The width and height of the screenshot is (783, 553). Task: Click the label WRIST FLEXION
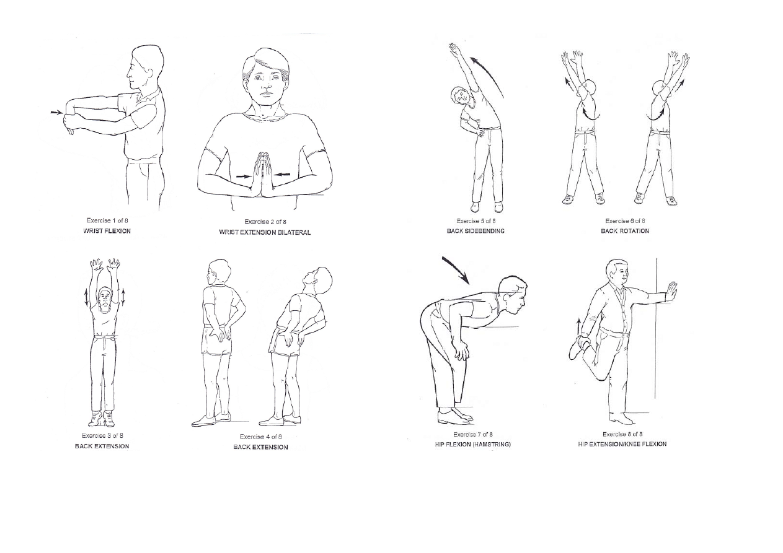point(107,231)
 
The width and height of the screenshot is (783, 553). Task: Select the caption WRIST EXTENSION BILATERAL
point(265,232)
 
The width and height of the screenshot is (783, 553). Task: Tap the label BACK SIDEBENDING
point(476,231)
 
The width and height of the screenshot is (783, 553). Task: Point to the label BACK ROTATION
point(625,231)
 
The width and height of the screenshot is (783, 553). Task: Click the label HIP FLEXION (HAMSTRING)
point(473,445)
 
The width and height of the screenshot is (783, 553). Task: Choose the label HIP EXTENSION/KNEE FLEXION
point(622,444)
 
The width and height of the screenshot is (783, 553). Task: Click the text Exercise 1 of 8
point(107,220)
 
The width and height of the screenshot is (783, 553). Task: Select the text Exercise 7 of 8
point(473,435)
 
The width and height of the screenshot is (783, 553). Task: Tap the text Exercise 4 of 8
point(261,437)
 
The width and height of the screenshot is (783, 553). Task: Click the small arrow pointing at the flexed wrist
point(56,113)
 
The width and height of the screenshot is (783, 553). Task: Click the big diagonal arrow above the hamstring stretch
point(456,270)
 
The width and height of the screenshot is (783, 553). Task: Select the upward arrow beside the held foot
point(578,326)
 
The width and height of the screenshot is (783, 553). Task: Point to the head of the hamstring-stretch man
point(512,294)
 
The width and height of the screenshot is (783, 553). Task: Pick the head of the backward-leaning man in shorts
point(317,281)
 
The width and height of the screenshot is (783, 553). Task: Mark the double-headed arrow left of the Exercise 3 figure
point(86,297)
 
